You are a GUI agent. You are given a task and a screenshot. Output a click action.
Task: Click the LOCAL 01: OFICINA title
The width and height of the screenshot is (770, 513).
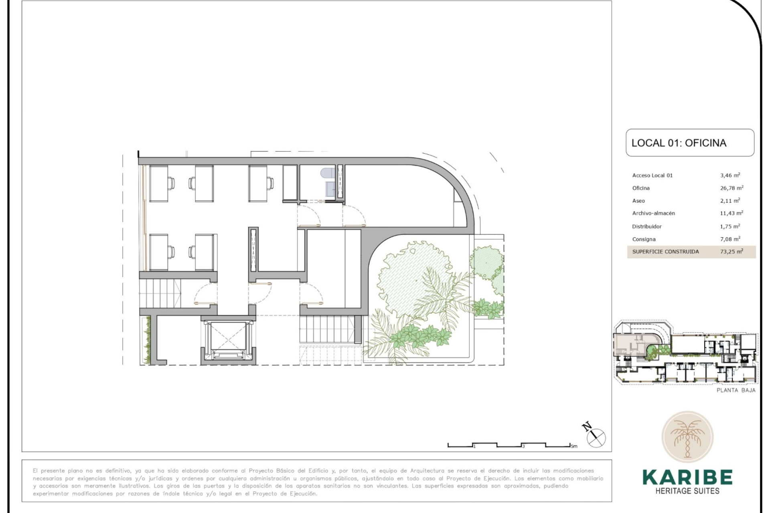coord(679,143)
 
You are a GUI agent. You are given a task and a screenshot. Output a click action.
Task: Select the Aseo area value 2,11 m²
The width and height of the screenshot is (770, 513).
coord(730,200)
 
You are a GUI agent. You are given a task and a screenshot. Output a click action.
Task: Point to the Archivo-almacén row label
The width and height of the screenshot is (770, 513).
coord(653,213)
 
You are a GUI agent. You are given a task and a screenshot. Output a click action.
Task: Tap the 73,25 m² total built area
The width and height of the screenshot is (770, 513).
coord(731,252)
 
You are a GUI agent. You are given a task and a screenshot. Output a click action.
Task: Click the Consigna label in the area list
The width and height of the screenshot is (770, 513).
coord(644,239)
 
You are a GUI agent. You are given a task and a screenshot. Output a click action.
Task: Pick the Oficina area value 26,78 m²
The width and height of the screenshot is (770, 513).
coord(731,188)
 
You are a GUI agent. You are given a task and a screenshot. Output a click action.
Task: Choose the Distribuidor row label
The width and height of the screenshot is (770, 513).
coord(647,226)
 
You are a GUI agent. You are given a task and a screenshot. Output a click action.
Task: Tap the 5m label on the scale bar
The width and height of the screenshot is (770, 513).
coord(574,446)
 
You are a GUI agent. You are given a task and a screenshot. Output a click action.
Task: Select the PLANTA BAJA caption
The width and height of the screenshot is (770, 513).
coord(736,390)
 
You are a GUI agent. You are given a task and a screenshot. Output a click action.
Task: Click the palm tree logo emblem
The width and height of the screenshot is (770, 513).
coord(687,437)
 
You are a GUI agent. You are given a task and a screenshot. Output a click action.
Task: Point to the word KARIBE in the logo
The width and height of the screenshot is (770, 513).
coord(687,477)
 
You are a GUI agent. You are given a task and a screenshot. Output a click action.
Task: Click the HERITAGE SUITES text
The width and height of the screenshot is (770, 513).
coord(687,491)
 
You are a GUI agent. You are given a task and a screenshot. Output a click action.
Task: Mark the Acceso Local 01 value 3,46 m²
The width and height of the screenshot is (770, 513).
coord(730,175)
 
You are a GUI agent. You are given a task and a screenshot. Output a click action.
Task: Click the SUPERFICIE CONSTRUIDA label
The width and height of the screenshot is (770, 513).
coord(665,252)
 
